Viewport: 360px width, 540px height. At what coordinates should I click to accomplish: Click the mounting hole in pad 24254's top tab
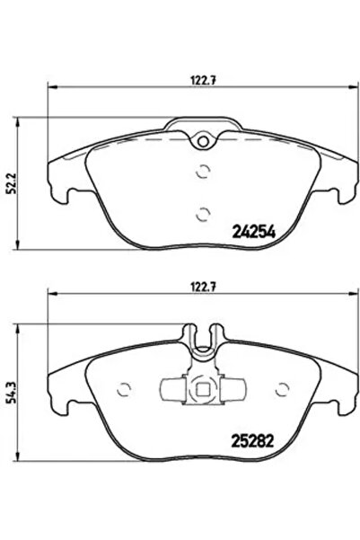pos(203,139)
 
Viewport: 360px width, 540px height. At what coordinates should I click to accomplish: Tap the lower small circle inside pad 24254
pos(203,213)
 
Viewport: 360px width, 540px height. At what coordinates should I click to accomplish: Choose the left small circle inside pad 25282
pos(123,388)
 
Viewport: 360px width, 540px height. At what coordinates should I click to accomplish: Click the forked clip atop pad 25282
pos(203,339)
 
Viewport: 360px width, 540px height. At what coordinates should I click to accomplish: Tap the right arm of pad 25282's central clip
pos(231,388)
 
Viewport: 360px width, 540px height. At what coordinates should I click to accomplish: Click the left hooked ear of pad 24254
pos(61,184)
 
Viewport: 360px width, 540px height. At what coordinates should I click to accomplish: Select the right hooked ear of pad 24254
pos(345,184)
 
